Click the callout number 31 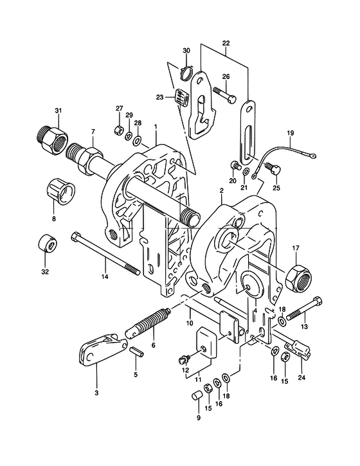pyautogui.click(x=58, y=111)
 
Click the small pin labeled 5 pyautogui.click(x=137, y=351)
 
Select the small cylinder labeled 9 pyautogui.click(x=196, y=395)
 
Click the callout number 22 pyautogui.click(x=226, y=43)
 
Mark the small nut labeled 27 pyautogui.click(x=119, y=130)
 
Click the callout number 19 pyautogui.click(x=291, y=133)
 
